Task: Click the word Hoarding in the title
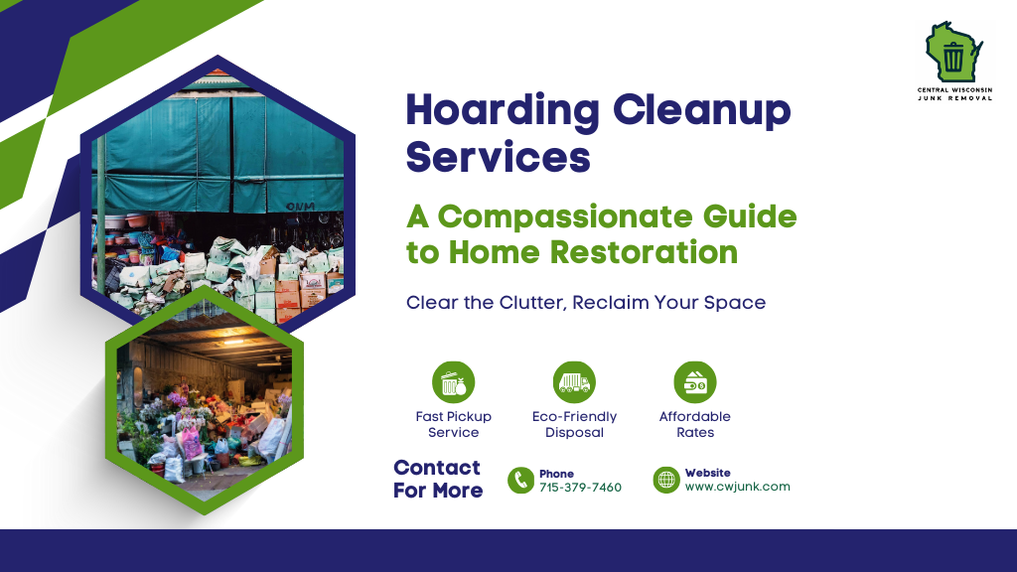503,110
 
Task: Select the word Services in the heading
499,157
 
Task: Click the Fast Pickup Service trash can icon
453,382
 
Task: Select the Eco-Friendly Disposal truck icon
574,382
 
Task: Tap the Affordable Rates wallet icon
695,382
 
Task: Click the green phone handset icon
520,481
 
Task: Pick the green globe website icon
666,481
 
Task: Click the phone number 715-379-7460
580,488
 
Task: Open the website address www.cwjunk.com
737,487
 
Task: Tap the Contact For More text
437,479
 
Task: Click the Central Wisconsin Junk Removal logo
953,62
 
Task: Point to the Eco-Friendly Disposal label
574,424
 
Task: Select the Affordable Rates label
695,424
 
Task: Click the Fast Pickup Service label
453,424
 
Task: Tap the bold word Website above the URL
707,473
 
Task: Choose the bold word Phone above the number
556,474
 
